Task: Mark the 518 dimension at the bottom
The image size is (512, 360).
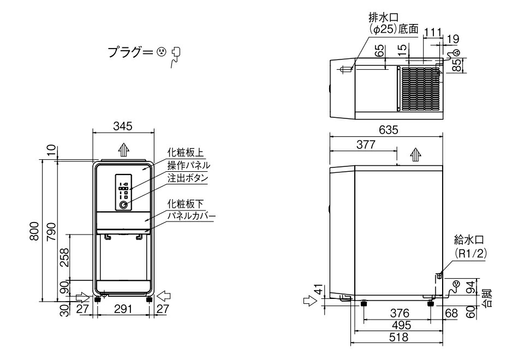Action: [397, 338]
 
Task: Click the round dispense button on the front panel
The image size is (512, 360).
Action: [124, 205]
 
